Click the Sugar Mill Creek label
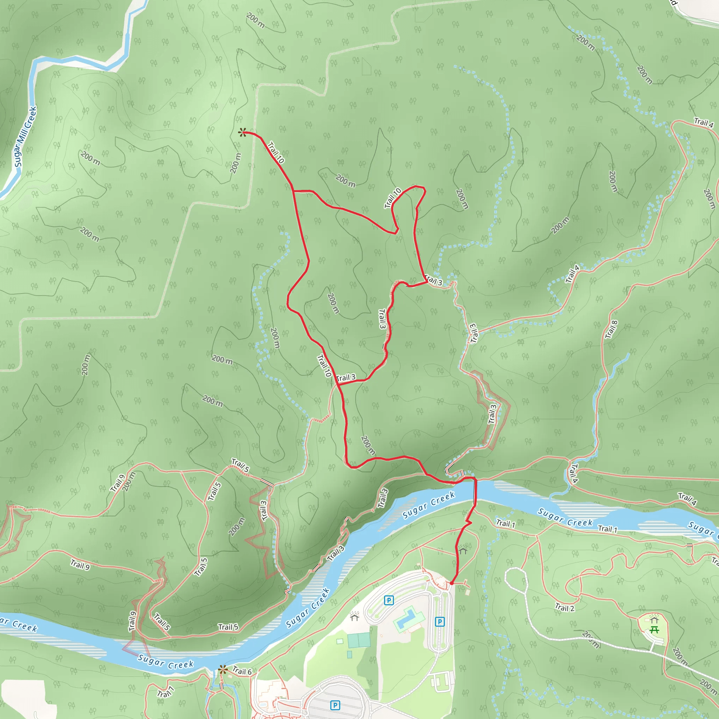(x=25, y=137)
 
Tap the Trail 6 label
(x=242, y=671)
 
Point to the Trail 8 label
(x=611, y=330)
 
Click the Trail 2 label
(x=565, y=608)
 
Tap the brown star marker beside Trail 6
(x=223, y=670)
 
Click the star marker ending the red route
(x=242, y=132)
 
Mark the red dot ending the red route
(x=451, y=583)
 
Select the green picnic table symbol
(x=654, y=630)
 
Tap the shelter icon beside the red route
(x=463, y=549)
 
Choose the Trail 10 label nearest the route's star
(x=276, y=153)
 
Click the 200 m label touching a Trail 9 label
(x=128, y=482)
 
